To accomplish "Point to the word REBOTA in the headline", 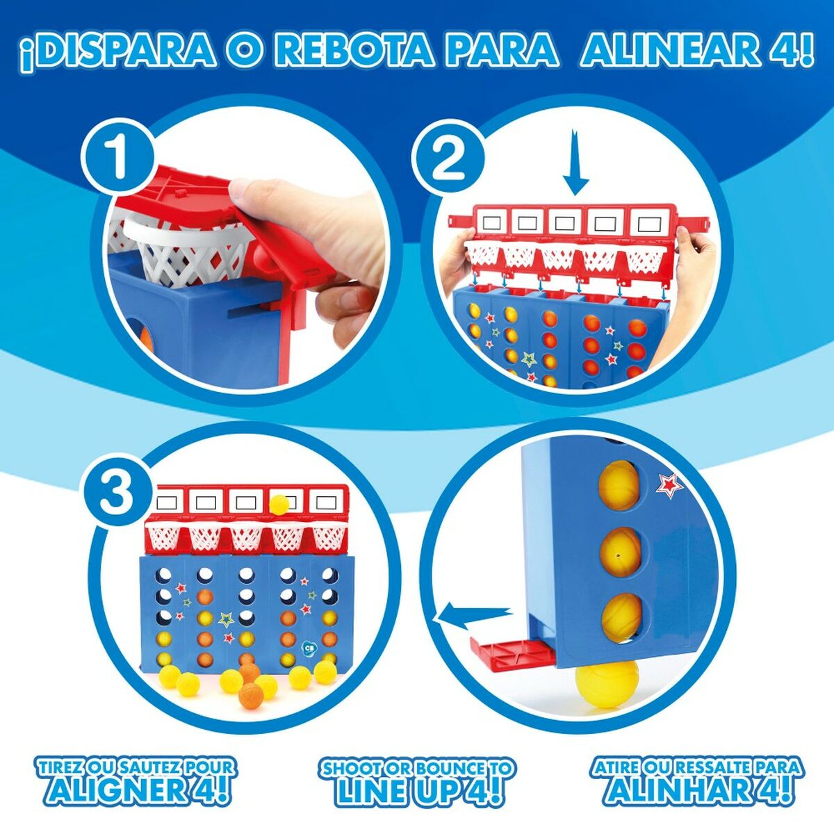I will [x=353, y=50].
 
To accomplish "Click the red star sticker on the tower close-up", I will [x=669, y=484].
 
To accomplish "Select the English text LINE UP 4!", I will [x=417, y=790].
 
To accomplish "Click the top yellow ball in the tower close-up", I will [x=617, y=482].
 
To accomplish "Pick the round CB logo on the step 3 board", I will [x=311, y=647].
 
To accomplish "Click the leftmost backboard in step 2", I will [x=492, y=223].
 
